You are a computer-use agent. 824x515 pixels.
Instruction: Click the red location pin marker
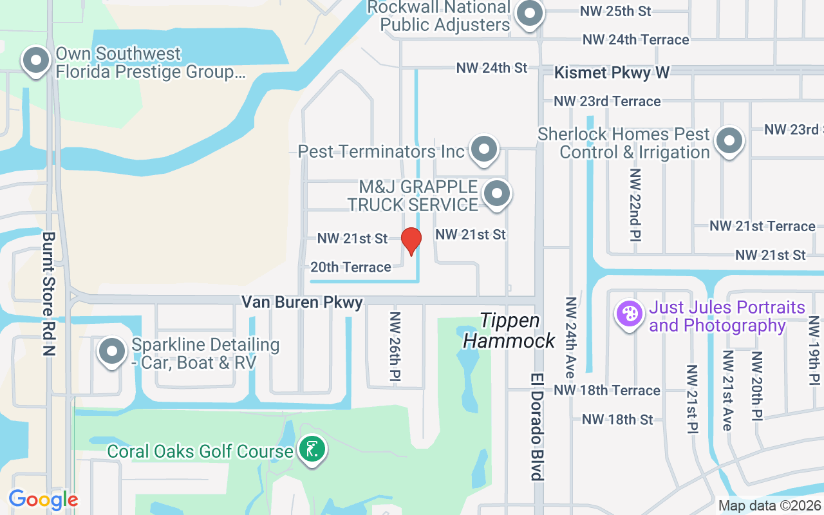click(x=411, y=241)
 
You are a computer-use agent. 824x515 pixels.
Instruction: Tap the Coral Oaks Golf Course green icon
click(x=312, y=450)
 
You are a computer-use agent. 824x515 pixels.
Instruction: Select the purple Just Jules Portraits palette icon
click(x=630, y=314)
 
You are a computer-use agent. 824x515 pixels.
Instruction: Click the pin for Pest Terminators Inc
click(x=483, y=149)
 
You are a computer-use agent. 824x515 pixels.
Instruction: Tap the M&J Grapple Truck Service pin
click(x=496, y=194)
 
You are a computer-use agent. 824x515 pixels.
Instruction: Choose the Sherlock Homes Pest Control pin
click(x=729, y=141)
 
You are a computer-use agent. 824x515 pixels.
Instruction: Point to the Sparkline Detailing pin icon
click(x=113, y=352)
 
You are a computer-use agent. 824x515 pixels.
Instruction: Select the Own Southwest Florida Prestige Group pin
click(x=36, y=61)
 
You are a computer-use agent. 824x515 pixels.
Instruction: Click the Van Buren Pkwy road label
click(x=302, y=302)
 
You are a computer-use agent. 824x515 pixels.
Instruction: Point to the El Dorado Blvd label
click(x=538, y=426)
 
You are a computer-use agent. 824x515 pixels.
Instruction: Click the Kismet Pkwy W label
click(x=612, y=73)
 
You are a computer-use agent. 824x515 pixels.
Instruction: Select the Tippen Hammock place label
click(x=509, y=330)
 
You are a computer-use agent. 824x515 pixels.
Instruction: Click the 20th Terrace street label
click(x=351, y=267)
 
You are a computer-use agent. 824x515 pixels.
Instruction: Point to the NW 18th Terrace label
click(x=607, y=390)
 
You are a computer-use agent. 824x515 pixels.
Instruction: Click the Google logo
click(x=43, y=500)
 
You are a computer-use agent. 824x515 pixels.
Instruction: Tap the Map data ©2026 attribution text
click(x=769, y=505)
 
